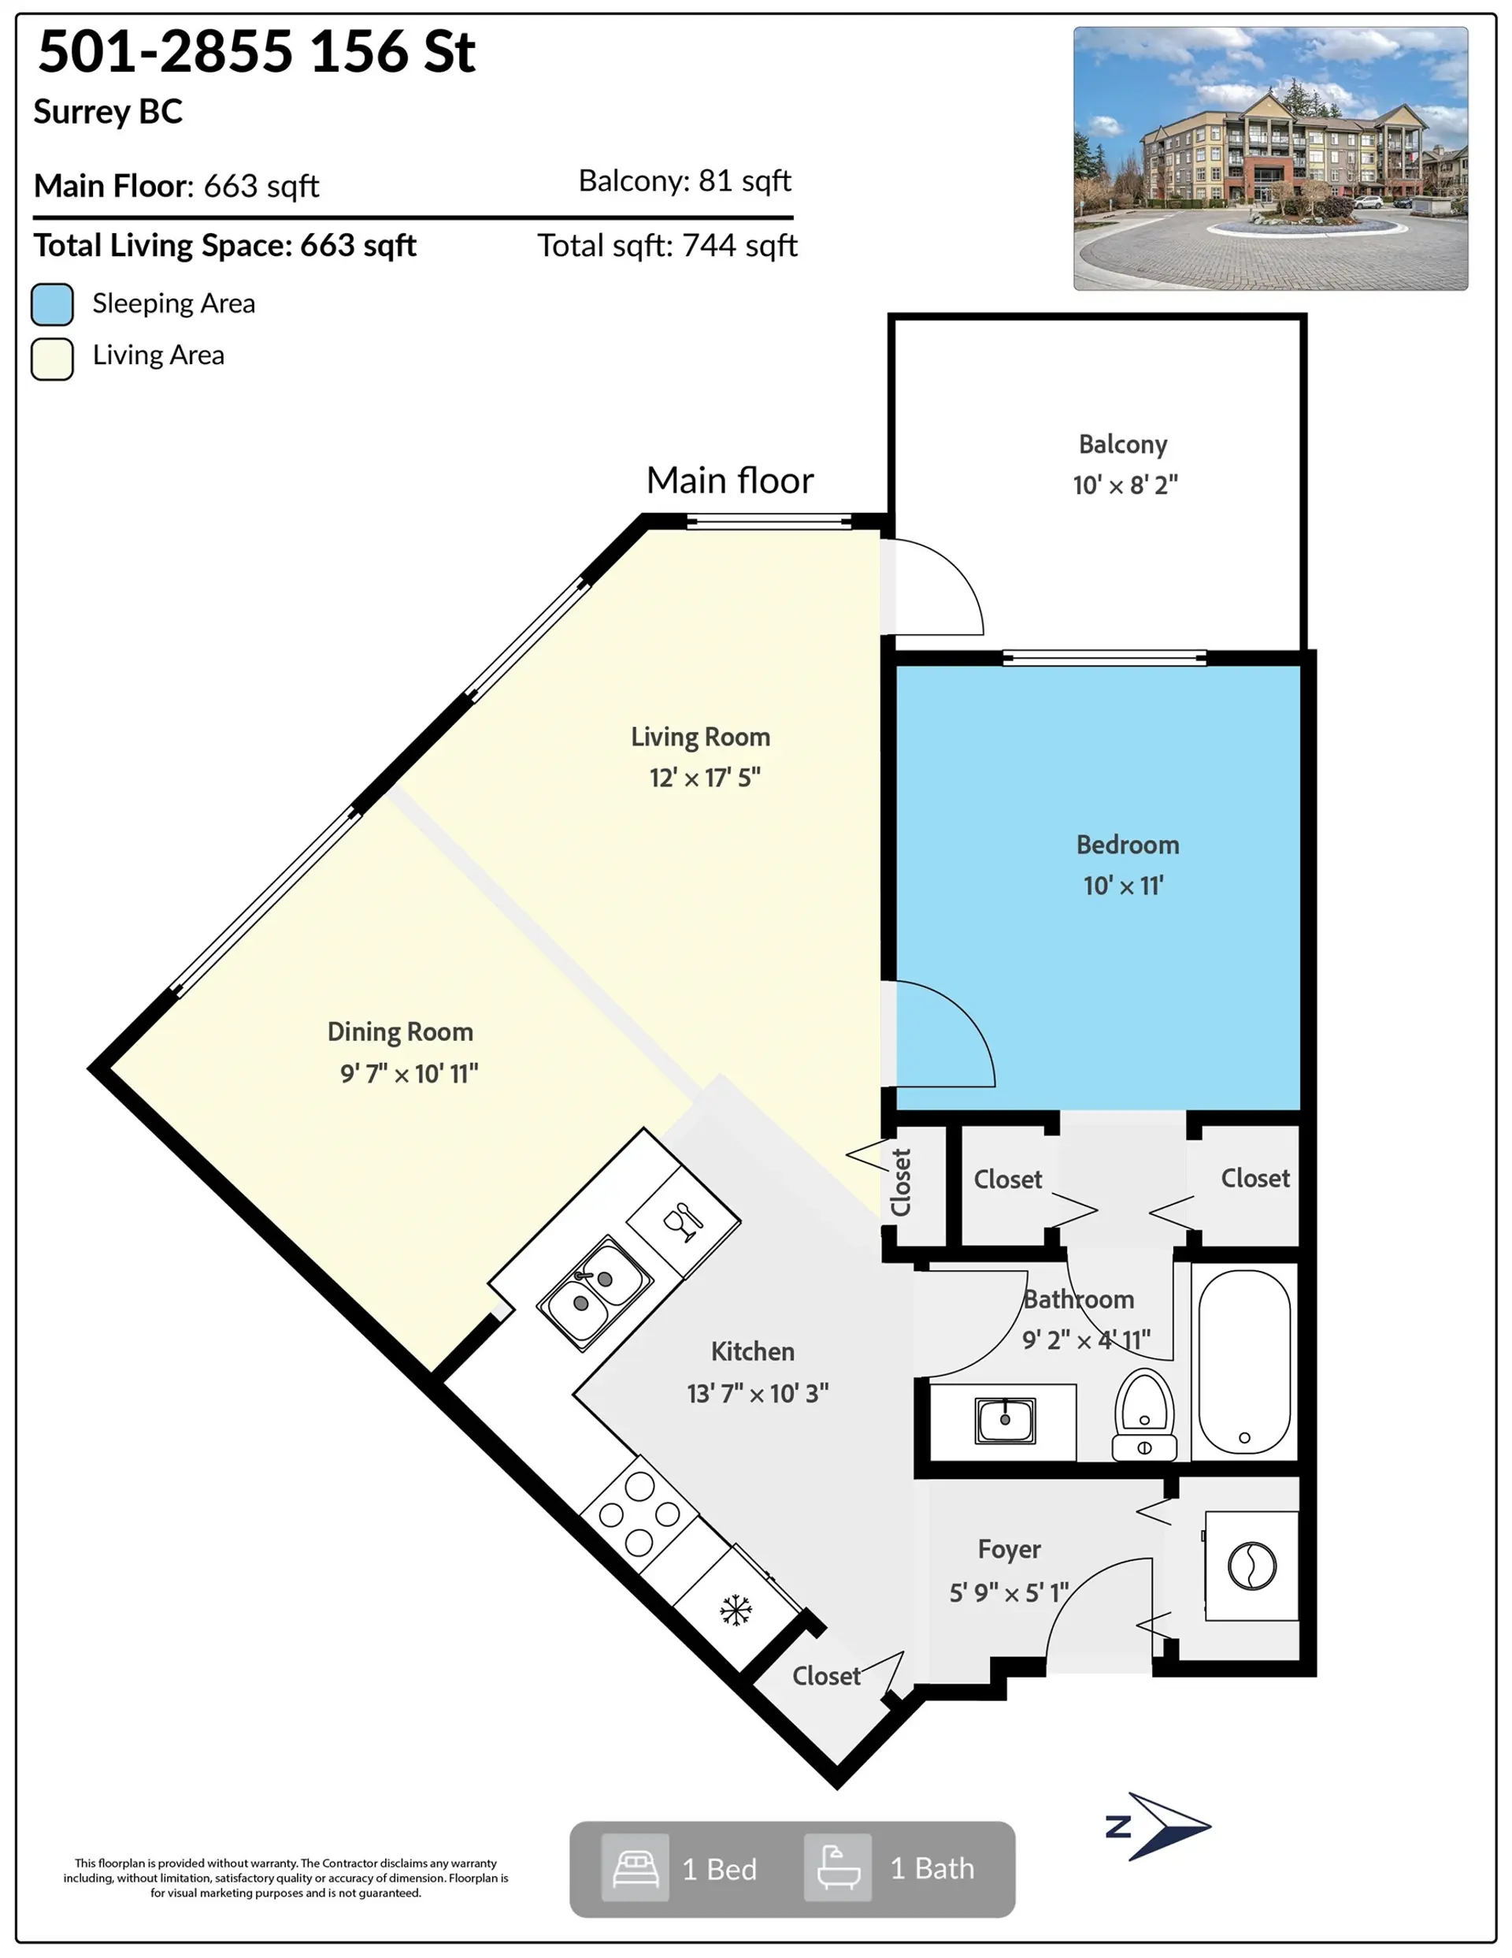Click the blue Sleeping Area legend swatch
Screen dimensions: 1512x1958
pos(52,304)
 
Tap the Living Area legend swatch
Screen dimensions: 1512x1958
pos(52,359)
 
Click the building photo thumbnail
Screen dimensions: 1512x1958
pos(1270,158)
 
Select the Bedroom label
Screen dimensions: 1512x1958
pos(1128,845)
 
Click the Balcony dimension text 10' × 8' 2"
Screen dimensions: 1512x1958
pos(1125,485)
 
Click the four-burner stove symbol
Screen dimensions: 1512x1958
pos(639,1514)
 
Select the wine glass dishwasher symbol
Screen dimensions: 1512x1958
pos(684,1221)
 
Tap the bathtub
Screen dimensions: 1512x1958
pos(1244,1362)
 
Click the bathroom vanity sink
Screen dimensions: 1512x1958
pos(1005,1420)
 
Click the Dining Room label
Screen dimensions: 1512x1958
pos(400,1032)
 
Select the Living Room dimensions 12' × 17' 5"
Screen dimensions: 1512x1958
pos(705,777)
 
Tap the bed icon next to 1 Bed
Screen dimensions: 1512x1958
pos(636,1867)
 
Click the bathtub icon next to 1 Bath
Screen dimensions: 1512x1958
pos(838,1867)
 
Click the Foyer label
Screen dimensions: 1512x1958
pos(1010,1549)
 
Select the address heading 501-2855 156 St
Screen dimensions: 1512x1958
pos(257,51)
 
